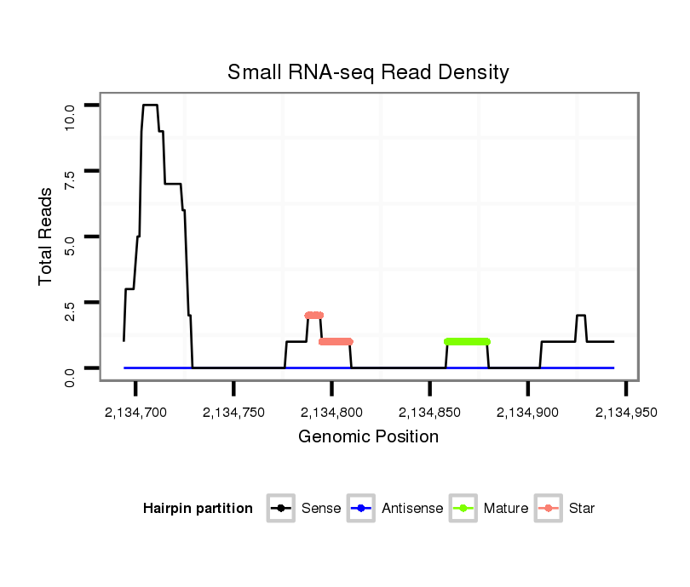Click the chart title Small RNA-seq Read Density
pyautogui.click(x=368, y=73)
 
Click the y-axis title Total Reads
pyautogui.click(x=46, y=237)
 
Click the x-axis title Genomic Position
pyautogui.click(x=368, y=437)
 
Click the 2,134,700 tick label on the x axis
pyautogui.click(x=135, y=413)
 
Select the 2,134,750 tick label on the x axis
pyautogui.click(x=233, y=413)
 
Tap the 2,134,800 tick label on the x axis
pyautogui.click(x=331, y=413)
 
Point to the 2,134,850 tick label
pyautogui.click(x=429, y=413)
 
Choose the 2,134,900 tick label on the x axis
pyautogui.click(x=527, y=413)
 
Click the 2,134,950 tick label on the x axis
pyautogui.click(x=625, y=413)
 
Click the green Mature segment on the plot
pyautogui.click(x=467, y=341)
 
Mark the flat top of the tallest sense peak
pyautogui.click(x=150, y=105)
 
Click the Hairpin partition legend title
pyautogui.click(x=198, y=509)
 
